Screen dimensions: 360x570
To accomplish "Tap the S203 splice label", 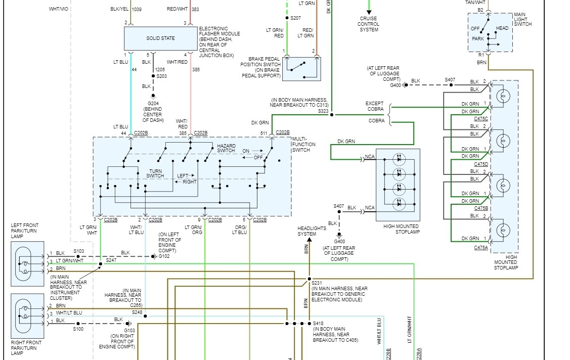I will pyautogui.click(x=162, y=76).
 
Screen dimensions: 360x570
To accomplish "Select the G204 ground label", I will pyautogui.click(x=152, y=101).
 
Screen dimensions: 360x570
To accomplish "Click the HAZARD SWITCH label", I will pyautogui.click(x=226, y=148).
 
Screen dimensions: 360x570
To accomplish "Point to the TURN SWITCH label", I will pyautogui.click(x=155, y=173).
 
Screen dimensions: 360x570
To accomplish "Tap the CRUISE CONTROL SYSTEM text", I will pyautogui.click(x=369, y=24).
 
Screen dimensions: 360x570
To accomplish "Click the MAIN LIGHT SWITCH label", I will pyautogui.click(x=523, y=19).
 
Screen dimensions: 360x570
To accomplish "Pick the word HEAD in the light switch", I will pyautogui.click(x=502, y=28).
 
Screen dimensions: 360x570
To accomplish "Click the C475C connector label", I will pyautogui.click(x=481, y=119).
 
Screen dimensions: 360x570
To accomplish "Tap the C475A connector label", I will pyautogui.click(x=481, y=247).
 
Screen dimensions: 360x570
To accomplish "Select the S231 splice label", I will pyautogui.click(x=317, y=283).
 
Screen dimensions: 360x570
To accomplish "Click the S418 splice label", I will pyautogui.click(x=318, y=323).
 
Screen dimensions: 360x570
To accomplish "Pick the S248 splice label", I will pyautogui.click(x=137, y=312).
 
